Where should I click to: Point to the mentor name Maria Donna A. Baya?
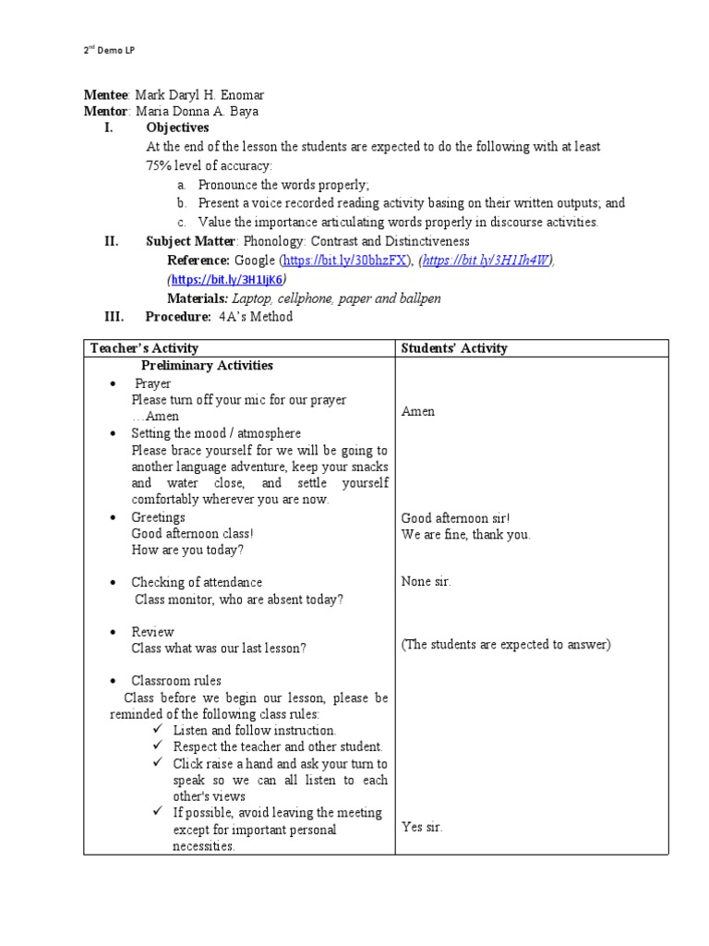(x=197, y=112)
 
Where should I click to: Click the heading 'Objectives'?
(x=177, y=127)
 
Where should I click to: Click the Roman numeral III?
(x=113, y=317)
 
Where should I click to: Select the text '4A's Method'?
(x=256, y=317)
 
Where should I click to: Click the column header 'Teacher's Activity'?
(x=144, y=348)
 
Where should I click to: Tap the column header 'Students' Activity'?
(x=454, y=348)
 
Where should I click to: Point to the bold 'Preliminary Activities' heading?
(x=207, y=366)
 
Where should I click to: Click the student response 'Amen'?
(x=418, y=411)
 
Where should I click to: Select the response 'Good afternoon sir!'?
(x=455, y=518)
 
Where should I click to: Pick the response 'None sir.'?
(x=427, y=582)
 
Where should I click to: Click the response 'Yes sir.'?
(x=422, y=827)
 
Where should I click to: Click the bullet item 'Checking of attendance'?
(x=197, y=582)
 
